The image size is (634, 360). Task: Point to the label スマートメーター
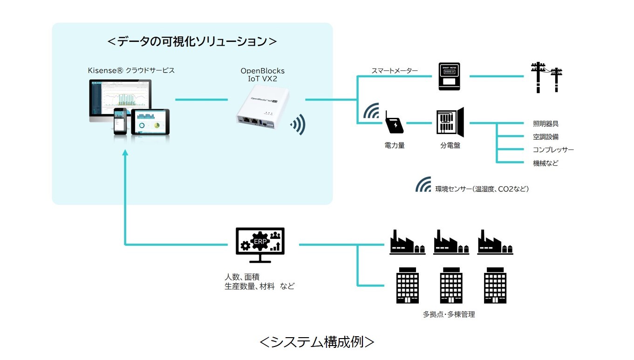(394, 71)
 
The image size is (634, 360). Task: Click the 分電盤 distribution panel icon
(450, 123)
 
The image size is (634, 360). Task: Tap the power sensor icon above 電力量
(394, 124)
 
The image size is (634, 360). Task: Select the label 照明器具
(545, 124)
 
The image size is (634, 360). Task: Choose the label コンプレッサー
(553, 150)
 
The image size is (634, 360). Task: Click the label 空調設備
(545, 137)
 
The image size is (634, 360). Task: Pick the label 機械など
(545, 163)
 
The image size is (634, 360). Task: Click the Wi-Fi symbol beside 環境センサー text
(423, 185)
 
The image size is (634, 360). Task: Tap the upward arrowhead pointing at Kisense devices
(125, 154)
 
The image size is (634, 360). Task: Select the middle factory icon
(451, 242)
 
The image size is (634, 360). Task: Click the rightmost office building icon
(495, 285)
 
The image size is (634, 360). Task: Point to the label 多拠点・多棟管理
(449, 314)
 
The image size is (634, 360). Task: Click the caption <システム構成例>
(317, 342)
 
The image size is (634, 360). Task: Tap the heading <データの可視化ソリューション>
(192, 41)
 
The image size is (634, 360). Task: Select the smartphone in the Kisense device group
(120, 121)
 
